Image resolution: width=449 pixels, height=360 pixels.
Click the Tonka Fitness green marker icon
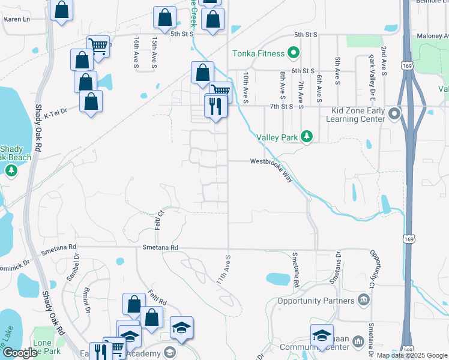[294, 53]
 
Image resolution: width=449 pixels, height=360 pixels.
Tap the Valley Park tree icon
[307, 137]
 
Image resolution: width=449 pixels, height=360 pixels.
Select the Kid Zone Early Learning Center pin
[394, 113]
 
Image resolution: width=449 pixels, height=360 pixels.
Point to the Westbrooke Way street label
[271, 161]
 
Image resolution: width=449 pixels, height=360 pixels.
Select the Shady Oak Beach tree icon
[11, 172]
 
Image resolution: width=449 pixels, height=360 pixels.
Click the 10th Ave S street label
[246, 88]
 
